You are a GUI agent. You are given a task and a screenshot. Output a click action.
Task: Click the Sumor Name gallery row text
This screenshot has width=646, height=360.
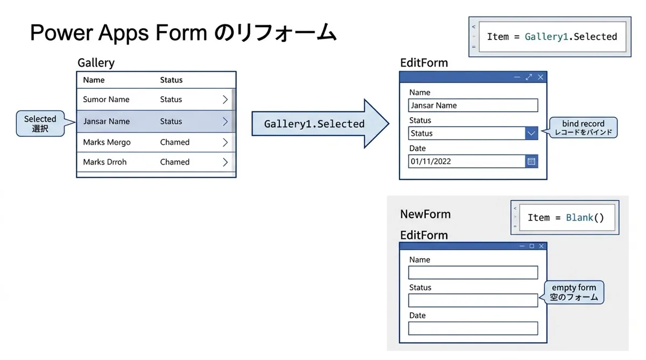click(x=106, y=100)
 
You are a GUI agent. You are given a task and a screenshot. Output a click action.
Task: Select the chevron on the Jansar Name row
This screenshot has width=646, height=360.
click(x=225, y=122)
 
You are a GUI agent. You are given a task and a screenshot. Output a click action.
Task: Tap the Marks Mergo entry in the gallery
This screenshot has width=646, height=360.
click(x=107, y=143)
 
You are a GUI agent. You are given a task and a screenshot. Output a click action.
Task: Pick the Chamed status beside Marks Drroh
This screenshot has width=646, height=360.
click(x=175, y=162)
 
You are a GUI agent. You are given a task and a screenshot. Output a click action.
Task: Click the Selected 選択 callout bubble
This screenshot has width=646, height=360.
click(x=40, y=124)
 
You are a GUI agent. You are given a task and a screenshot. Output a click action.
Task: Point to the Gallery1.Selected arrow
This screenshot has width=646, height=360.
click(x=320, y=124)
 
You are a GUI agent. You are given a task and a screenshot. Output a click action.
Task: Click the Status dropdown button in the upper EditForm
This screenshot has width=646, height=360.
click(x=531, y=133)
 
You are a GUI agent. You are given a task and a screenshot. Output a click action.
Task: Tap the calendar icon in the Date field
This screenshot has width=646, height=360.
click(x=531, y=161)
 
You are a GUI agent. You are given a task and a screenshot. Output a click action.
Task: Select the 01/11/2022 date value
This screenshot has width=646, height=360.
click(x=431, y=161)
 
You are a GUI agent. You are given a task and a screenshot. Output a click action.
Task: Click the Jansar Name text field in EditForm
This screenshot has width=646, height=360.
click(x=473, y=105)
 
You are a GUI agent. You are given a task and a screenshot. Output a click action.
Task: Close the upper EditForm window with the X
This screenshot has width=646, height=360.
click(x=540, y=77)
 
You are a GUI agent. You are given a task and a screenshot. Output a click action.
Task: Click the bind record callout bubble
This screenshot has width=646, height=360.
click(x=583, y=128)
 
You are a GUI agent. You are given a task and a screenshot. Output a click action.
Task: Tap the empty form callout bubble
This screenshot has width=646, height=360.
click(x=574, y=292)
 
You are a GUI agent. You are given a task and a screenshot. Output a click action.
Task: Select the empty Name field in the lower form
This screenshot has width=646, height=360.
click(x=473, y=273)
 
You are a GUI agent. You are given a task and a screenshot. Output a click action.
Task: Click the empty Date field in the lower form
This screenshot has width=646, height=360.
click(x=473, y=328)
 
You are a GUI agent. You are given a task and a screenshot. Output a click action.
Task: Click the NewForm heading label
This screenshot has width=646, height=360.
click(x=425, y=214)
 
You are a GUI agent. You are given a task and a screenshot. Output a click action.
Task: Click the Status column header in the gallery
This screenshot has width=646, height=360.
click(x=171, y=80)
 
